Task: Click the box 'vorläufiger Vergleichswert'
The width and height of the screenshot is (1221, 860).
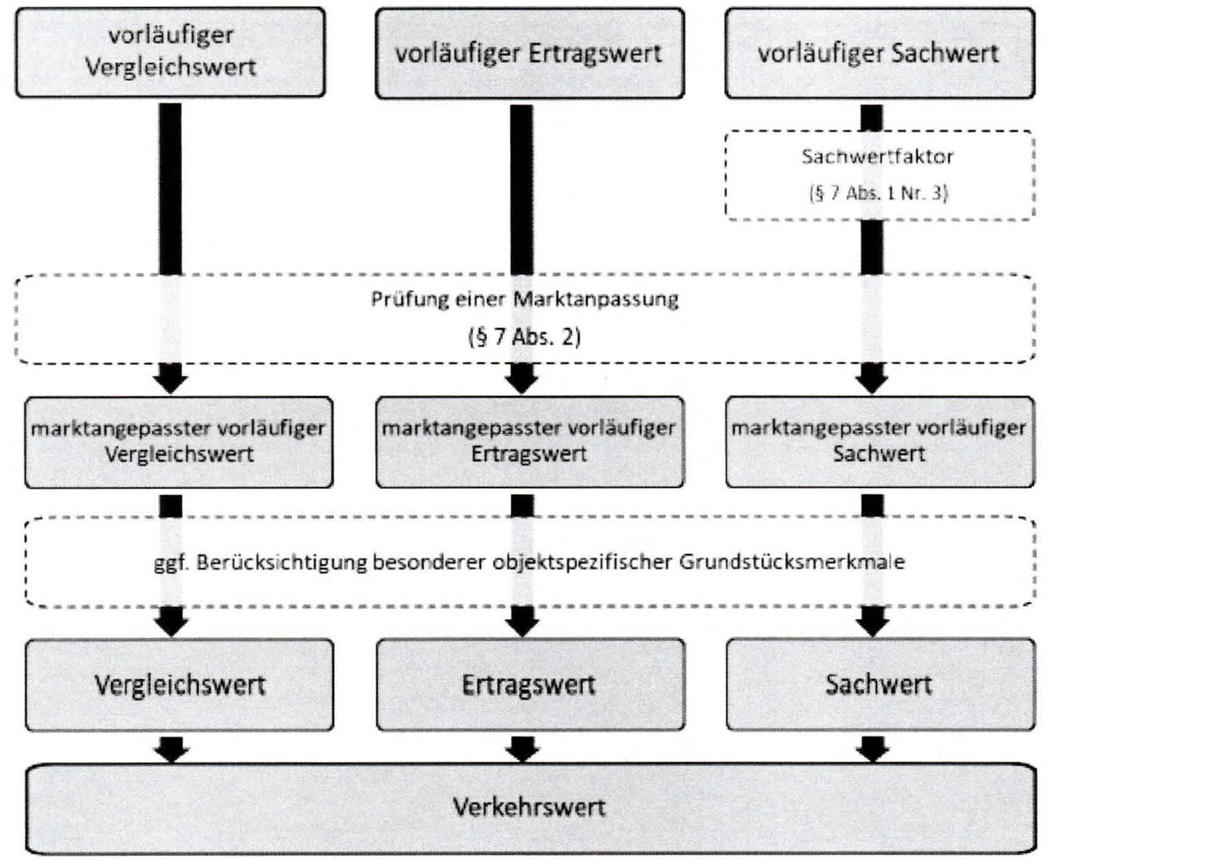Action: [x=170, y=52]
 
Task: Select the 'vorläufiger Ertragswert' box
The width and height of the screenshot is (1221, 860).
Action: [x=529, y=53]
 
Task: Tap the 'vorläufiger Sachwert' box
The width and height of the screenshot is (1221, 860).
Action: [x=879, y=53]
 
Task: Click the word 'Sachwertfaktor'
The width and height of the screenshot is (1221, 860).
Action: [x=877, y=157]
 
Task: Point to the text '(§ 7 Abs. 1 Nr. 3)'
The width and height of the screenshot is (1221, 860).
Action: [x=878, y=193]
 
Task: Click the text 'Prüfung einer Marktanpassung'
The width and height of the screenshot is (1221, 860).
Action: [x=524, y=300]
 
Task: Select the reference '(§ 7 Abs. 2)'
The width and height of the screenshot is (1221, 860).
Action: [x=524, y=337]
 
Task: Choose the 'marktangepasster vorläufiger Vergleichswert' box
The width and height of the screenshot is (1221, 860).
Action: [x=178, y=442]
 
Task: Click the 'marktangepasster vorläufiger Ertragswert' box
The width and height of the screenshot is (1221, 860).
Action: [x=529, y=442]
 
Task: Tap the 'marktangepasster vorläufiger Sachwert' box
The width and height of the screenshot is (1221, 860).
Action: [x=879, y=442]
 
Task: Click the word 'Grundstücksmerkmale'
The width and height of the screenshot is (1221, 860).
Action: [x=791, y=562]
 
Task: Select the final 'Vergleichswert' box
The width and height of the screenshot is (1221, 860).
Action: [x=179, y=685]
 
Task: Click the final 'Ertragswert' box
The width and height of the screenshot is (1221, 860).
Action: [x=529, y=685]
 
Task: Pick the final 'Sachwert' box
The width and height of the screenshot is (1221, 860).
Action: [x=879, y=685]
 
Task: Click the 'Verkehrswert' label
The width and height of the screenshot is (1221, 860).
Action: [x=529, y=807]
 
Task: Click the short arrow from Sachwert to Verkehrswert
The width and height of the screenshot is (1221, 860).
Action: [x=872, y=748]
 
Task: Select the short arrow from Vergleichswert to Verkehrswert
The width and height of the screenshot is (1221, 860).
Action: [x=171, y=748]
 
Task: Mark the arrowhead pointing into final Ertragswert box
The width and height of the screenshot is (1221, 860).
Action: [x=522, y=623]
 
